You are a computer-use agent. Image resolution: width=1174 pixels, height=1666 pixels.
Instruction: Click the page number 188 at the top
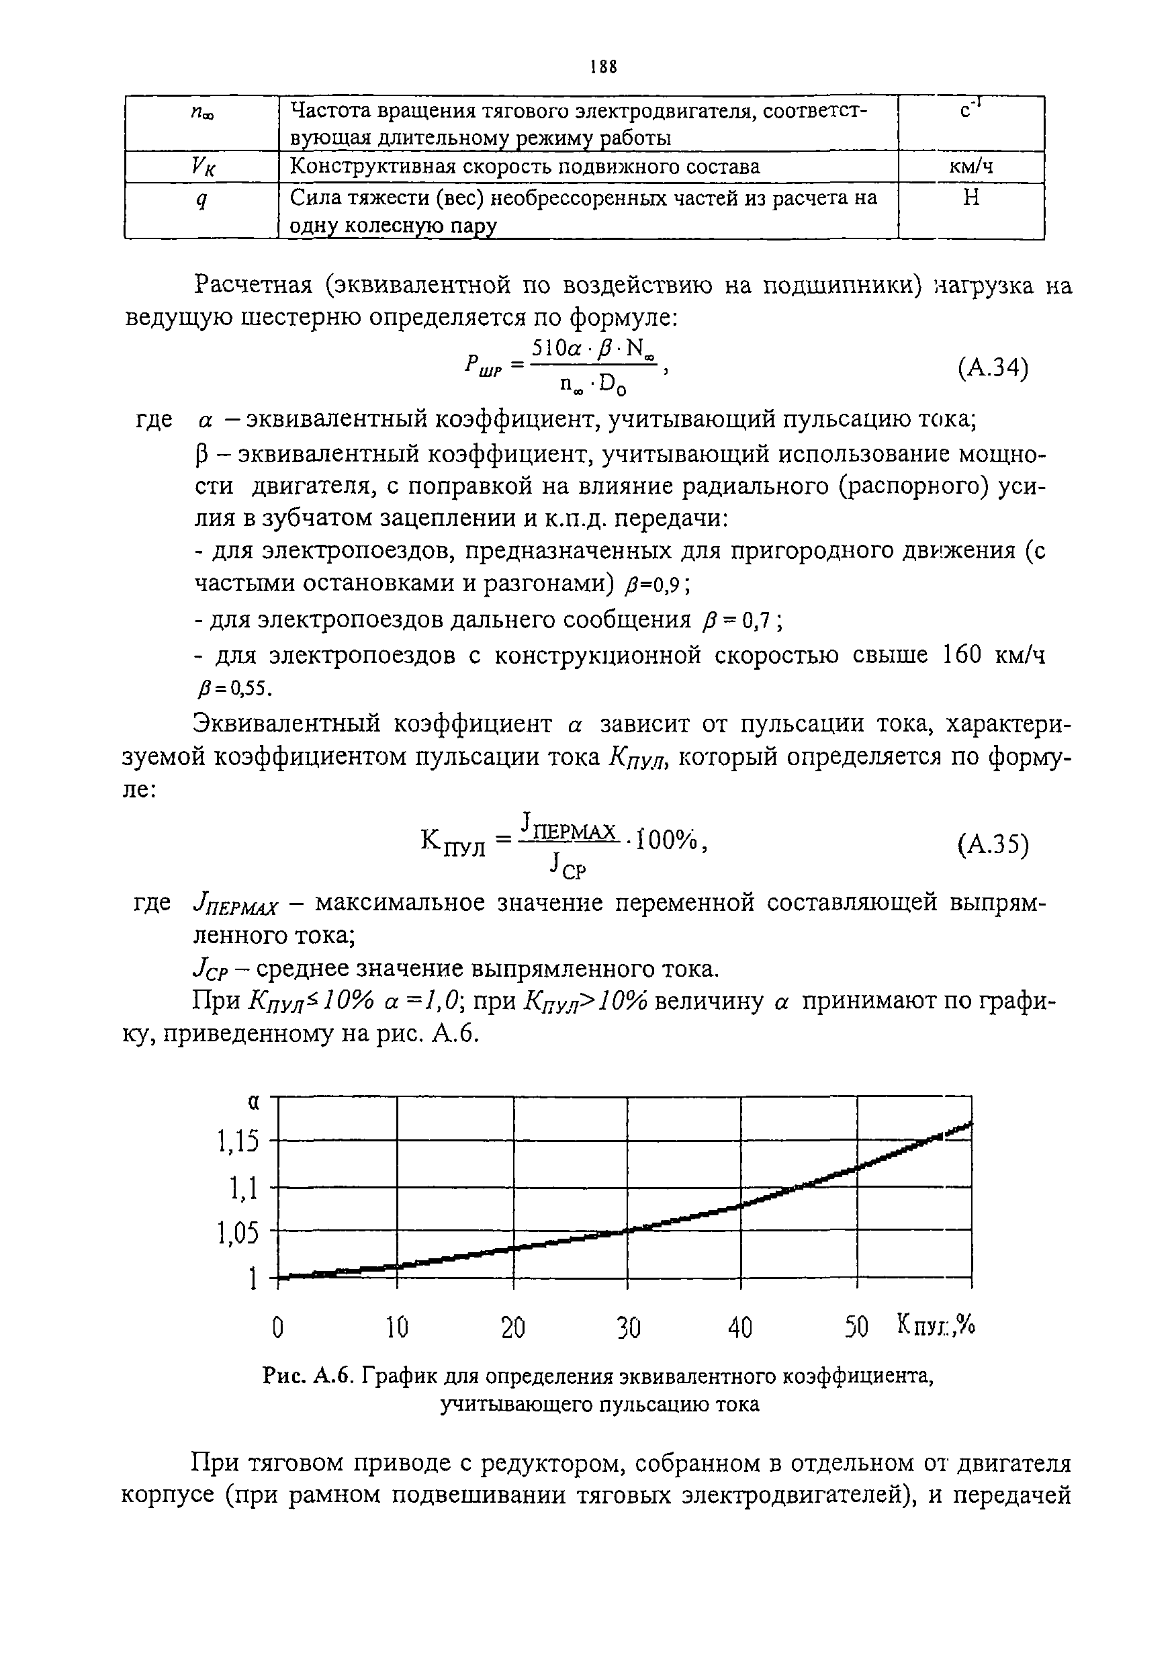pos(604,67)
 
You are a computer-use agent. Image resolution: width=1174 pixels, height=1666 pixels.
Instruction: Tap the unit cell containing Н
pos(971,198)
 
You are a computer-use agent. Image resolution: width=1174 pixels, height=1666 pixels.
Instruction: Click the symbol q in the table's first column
pos(201,201)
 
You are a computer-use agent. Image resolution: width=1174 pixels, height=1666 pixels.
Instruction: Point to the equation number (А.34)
pos(993,369)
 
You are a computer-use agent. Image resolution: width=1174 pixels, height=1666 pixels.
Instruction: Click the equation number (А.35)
pos(993,844)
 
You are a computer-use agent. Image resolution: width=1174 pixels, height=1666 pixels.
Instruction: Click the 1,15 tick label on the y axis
pos(237,1143)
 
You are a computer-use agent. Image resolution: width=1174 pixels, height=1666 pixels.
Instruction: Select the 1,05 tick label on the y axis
pos(237,1232)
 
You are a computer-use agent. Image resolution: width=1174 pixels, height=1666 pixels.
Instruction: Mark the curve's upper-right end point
pos(969,1124)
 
